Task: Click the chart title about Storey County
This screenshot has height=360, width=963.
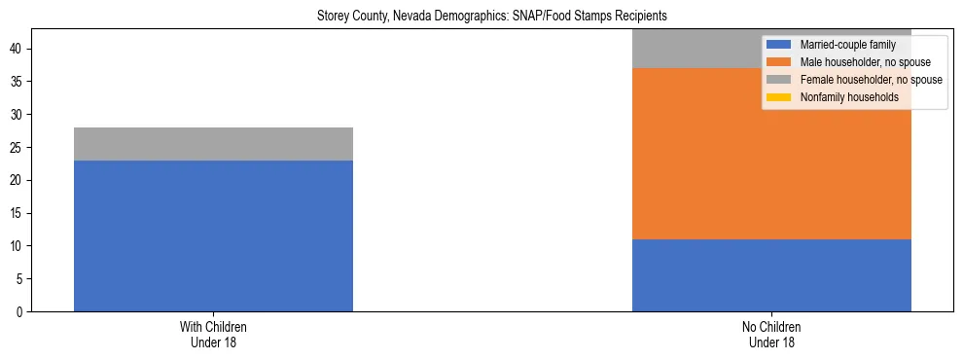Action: tap(491, 17)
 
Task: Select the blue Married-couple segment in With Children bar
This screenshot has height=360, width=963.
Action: tap(213, 235)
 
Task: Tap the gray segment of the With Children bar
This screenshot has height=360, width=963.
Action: tap(213, 144)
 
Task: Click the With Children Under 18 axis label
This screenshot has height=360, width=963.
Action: tap(213, 335)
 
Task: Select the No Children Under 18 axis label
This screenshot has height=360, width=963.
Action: tap(771, 335)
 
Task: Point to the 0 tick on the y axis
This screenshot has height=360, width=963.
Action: tap(21, 312)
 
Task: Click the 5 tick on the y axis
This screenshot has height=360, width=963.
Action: tap(21, 279)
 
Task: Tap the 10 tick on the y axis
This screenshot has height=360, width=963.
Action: tap(18, 246)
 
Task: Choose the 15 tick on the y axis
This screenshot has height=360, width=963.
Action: tap(18, 213)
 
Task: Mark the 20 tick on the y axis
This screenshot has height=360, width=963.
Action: tap(18, 181)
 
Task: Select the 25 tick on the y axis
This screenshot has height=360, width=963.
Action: tap(18, 148)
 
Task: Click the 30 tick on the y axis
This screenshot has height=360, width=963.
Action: tap(18, 115)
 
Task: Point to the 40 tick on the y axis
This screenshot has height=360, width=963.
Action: tap(18, 50)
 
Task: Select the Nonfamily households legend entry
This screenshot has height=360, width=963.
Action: tap(842, 97)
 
